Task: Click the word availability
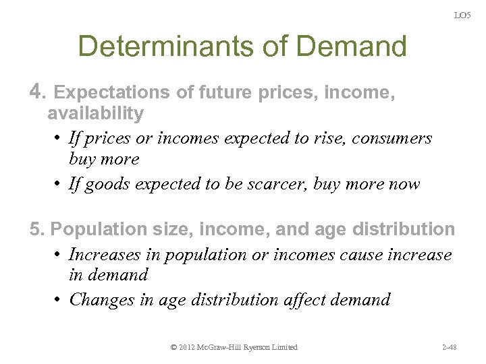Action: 95,113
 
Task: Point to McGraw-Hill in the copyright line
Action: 228,347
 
